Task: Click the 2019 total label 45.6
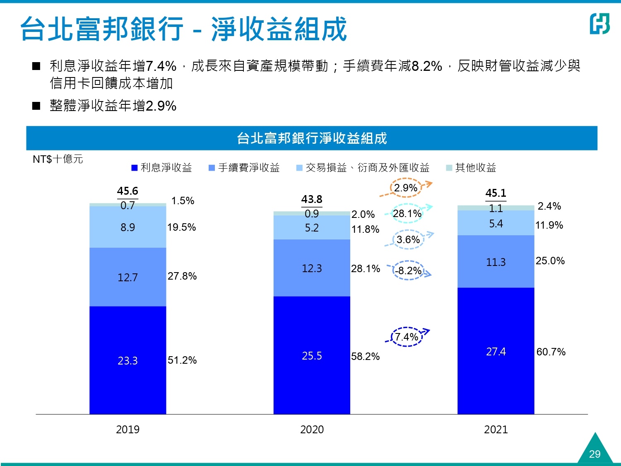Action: [x=128, y=191]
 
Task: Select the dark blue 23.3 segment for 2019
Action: [x=128, y=360]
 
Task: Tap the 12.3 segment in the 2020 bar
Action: [x=312, y=268]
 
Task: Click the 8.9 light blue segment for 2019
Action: [x=128, y=227]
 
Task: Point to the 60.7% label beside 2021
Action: [x=551, y=352]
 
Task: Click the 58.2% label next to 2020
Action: [x=365, y=356]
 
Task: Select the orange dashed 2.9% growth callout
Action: [x=406, y=188]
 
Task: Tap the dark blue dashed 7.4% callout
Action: [x=407, y=337]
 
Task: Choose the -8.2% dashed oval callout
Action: [x=408, y=270]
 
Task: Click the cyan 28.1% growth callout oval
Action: [x=407, y=213]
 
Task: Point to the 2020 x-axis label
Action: [x=312, y=429]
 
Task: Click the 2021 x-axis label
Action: [x=496, y=429]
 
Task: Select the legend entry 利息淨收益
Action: [x=162, y=168]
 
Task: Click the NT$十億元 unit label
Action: [x=58, y=159]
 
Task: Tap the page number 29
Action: [x=595, y=454]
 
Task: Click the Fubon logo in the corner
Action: [x=599, y=24]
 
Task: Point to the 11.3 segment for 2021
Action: [x=496, y=262]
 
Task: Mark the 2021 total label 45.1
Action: [x=496, y=193]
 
